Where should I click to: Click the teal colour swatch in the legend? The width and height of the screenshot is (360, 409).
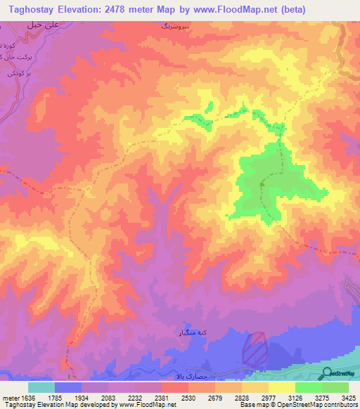click(x=41, y=387)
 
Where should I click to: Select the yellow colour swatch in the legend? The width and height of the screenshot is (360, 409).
click(x=281, y=387)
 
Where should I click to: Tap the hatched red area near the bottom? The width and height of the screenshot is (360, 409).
click(x=255, y=348)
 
